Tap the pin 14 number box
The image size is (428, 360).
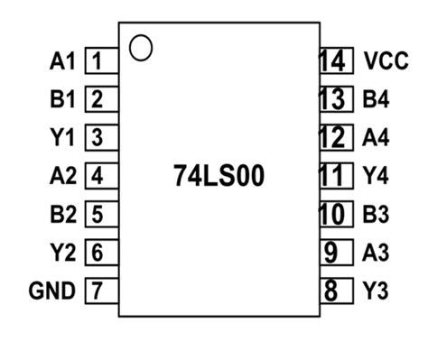pos(334,62)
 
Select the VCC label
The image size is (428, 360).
pos(383,62)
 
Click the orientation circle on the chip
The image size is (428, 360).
pos(141,47)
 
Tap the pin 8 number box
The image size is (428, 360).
pos(334,291)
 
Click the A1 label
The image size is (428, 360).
pos(60,62)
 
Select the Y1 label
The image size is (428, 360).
pos(60,138)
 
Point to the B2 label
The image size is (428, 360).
pos(60,215)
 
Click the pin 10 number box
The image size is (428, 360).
pos(334,215)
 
